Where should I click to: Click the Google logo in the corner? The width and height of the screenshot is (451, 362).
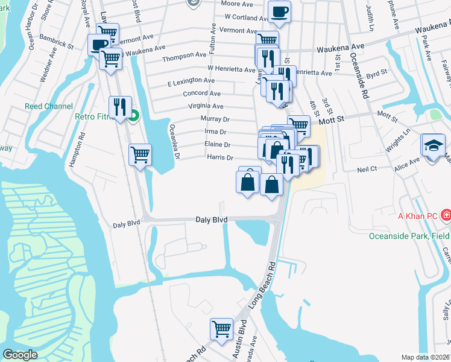point(20,355)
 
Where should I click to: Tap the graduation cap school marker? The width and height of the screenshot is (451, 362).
point(433,146)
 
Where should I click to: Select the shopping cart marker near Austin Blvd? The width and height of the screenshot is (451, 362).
point(221,329)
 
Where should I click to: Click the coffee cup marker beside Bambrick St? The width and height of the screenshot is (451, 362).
point(99,45)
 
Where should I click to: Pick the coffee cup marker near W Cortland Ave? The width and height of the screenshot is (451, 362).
point(279,11)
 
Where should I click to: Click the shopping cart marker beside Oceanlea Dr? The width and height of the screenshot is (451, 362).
point(140,154)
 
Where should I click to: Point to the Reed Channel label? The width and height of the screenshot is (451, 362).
point(49,106)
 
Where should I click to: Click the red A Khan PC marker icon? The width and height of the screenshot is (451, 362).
point(446,215)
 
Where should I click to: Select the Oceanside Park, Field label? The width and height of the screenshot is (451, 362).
point(409,236)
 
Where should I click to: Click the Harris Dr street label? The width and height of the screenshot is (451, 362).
point(220,157)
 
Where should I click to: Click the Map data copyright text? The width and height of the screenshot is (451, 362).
point(426,357)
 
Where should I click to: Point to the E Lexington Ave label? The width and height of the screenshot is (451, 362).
point(191,81)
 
